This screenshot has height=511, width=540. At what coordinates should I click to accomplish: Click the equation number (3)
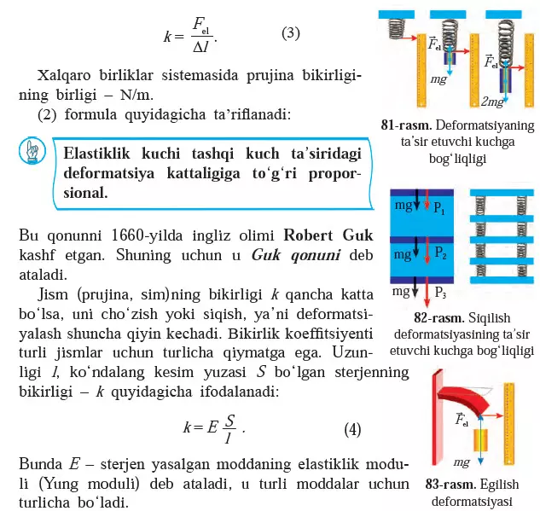[291, 33]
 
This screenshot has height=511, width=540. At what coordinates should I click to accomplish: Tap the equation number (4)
[352, 429]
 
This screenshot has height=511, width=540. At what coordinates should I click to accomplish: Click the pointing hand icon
[32, 150]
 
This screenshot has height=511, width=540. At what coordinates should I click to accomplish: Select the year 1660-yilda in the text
[147, 235]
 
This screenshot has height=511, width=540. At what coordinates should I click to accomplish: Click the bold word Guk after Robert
[357, 235]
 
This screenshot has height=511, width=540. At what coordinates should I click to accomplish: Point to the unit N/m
[136, 95]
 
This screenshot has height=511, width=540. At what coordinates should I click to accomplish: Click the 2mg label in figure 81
[492, 102]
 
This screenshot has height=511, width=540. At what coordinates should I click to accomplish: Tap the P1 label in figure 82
[439, 207]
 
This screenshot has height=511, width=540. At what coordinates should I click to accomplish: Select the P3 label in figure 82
[440, 293]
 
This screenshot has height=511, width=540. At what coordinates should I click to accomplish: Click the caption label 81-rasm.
[406, 125]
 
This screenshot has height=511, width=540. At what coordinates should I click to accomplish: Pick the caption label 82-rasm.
[439, 317]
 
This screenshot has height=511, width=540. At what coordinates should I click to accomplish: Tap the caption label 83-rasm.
[450, 484]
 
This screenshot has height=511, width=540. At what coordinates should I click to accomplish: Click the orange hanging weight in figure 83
[481, 439]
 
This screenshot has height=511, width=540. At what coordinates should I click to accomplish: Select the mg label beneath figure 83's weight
[462, 462]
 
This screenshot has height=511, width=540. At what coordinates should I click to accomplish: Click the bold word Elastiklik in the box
[96, 154]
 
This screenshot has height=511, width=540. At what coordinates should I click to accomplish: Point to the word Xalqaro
[64, 75]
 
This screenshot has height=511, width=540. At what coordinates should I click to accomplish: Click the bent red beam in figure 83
[463, 398]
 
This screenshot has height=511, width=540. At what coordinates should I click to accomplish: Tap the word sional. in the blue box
[85, 193]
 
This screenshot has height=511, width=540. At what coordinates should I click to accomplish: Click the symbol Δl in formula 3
[200, 47]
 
